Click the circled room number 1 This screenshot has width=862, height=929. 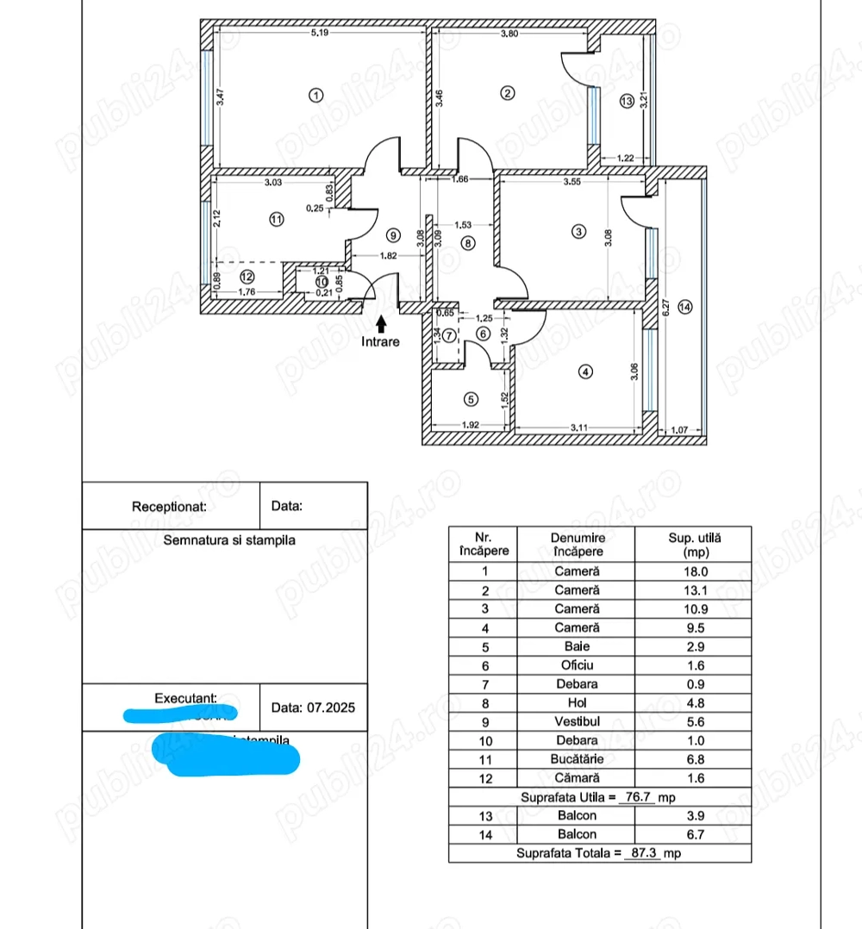(x=316, y=95)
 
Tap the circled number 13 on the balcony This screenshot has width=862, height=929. (x=627, y=102)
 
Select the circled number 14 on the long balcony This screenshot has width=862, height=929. (x=684, y=307)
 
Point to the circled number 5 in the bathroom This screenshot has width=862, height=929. (x=470, y=399)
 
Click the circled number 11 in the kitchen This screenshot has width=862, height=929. (x=276, y=219)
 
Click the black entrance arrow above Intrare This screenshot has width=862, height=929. (x=381, y=323)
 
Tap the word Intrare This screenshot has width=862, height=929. (x=381, y=342)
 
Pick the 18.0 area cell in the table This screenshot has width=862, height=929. (x=691, y=571)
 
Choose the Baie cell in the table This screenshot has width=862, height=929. (x=577, y=646)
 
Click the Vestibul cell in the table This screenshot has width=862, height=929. (x=577, y=721)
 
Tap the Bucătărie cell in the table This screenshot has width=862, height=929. (x=577, y=759)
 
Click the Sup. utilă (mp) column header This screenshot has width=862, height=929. (x=692, y=544)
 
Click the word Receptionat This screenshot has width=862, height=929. (x=169, y=507)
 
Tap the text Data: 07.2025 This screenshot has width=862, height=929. (x=313, y=708)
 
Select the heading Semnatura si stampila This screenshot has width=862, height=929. (x=229, y=540)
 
